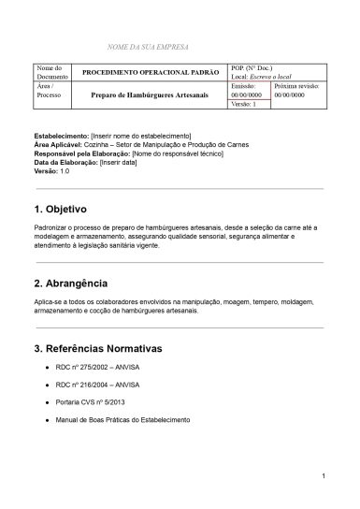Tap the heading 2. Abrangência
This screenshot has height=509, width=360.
tap(70, 283)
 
